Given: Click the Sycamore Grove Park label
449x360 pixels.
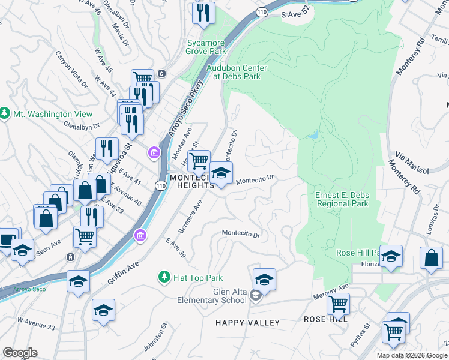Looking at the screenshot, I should (x=206, y=47).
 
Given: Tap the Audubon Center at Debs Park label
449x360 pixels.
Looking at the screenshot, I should (x=237, y=72).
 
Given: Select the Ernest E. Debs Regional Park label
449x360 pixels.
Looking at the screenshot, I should (x=342, y=199).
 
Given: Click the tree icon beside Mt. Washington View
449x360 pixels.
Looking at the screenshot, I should (x=5, y=113).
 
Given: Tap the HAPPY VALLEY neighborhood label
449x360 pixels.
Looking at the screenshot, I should (x=248, y=323).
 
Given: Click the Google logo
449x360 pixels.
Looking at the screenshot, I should (x=20, y=353).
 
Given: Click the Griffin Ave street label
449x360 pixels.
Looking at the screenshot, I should (x=124, y=272).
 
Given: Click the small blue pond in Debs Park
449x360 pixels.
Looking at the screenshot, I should (x=312, y=135).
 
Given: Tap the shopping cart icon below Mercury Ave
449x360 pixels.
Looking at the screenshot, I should (x=338, y=304).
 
